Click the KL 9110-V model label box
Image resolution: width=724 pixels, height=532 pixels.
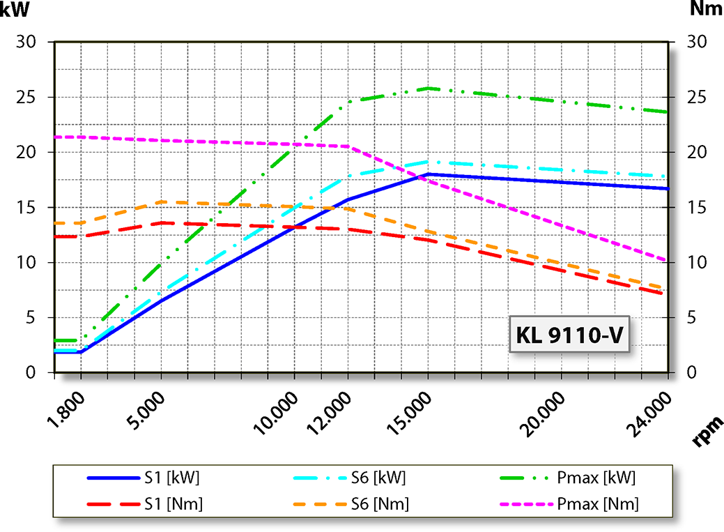point(569,335)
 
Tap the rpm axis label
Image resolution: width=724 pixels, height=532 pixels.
point(707,431)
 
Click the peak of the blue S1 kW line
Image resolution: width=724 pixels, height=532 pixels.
point(428,174)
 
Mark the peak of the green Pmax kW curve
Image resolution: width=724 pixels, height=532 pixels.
point(428,88)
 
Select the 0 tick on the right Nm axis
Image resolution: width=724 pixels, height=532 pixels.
point(694,373)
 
